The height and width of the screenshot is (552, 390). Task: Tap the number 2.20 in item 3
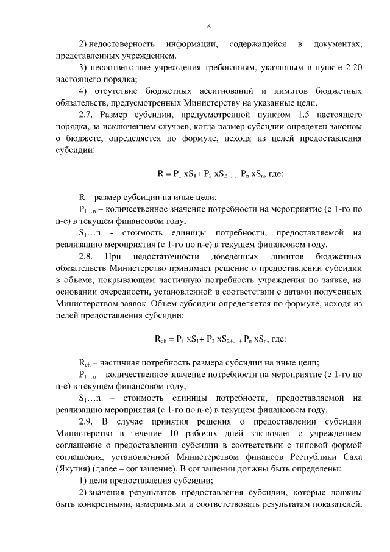click(x=353, y=68)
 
